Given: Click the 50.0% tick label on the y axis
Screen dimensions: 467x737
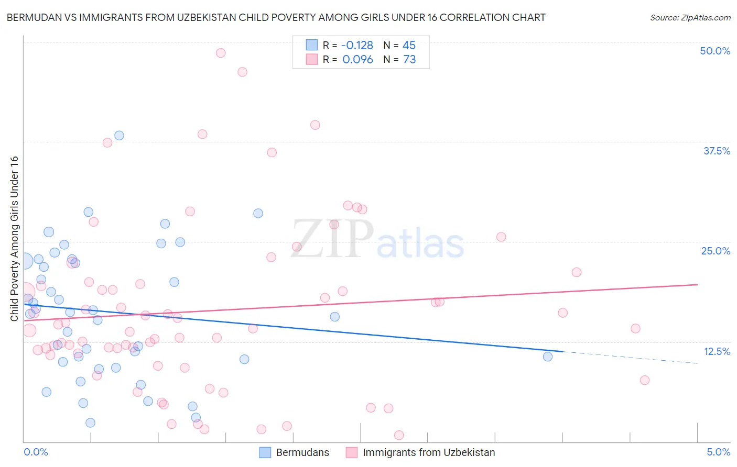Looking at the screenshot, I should [715, 51].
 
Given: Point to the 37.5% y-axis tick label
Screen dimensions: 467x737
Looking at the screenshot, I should [717, 151].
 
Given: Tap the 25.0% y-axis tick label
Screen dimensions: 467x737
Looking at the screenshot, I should [716, 251].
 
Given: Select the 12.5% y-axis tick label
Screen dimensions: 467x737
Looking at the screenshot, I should [717, 351].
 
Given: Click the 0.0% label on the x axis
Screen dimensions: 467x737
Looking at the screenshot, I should [36, 452].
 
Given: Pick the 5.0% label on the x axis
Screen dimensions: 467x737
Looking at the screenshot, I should [718, 452].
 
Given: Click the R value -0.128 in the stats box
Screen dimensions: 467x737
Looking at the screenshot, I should [357, 45].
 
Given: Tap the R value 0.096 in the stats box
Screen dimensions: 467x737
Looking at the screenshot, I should [357, 60].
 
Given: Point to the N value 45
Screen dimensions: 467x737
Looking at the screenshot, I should [409, 45].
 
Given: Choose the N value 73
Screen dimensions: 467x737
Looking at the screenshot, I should [409, 60].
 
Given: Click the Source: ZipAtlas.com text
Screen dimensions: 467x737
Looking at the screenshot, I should [690, 17].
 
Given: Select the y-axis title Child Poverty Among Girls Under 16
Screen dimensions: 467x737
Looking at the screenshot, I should [15, 238].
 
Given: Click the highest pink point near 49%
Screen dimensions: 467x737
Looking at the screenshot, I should [221, 53].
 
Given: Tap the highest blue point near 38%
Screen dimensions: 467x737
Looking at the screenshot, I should [119, 136].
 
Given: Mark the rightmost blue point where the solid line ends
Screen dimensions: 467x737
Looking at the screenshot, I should [548, 357].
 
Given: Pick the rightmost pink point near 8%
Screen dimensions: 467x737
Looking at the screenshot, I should [645, 380].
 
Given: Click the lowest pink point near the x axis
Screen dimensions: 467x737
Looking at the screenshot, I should [399, 435].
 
